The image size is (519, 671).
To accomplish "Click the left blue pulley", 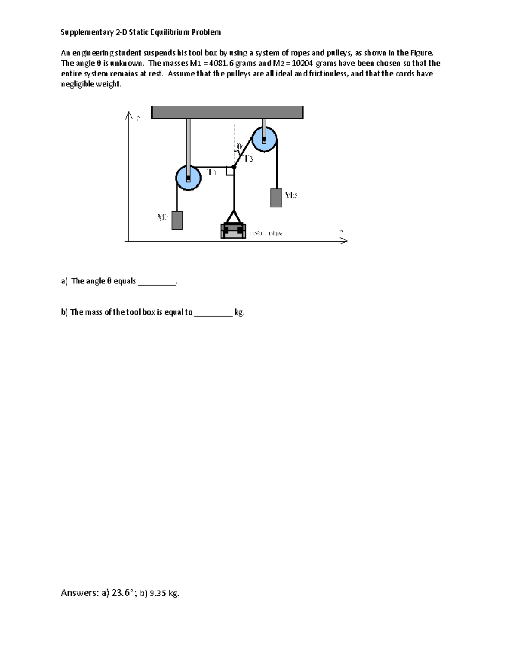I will click(188, 177).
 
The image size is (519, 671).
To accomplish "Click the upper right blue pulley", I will click(264, 139).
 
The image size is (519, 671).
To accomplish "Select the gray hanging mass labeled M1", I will click(177, 220).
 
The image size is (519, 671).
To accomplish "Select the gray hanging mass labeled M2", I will click(276, 198).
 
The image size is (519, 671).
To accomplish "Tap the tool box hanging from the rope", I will click(234, 231).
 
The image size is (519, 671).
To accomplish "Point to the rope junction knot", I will click(234, 166).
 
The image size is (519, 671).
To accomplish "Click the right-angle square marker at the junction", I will click(230, 171).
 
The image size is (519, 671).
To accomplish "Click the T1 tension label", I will click(211, 172).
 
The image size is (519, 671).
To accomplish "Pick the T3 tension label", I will click(248, 159).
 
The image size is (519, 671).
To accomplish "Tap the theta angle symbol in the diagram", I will click(239, 147).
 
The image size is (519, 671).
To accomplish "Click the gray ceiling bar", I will click(227, 112).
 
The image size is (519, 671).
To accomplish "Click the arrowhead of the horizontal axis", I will click(344, 241).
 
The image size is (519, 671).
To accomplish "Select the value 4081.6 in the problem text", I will click(221, 63).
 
